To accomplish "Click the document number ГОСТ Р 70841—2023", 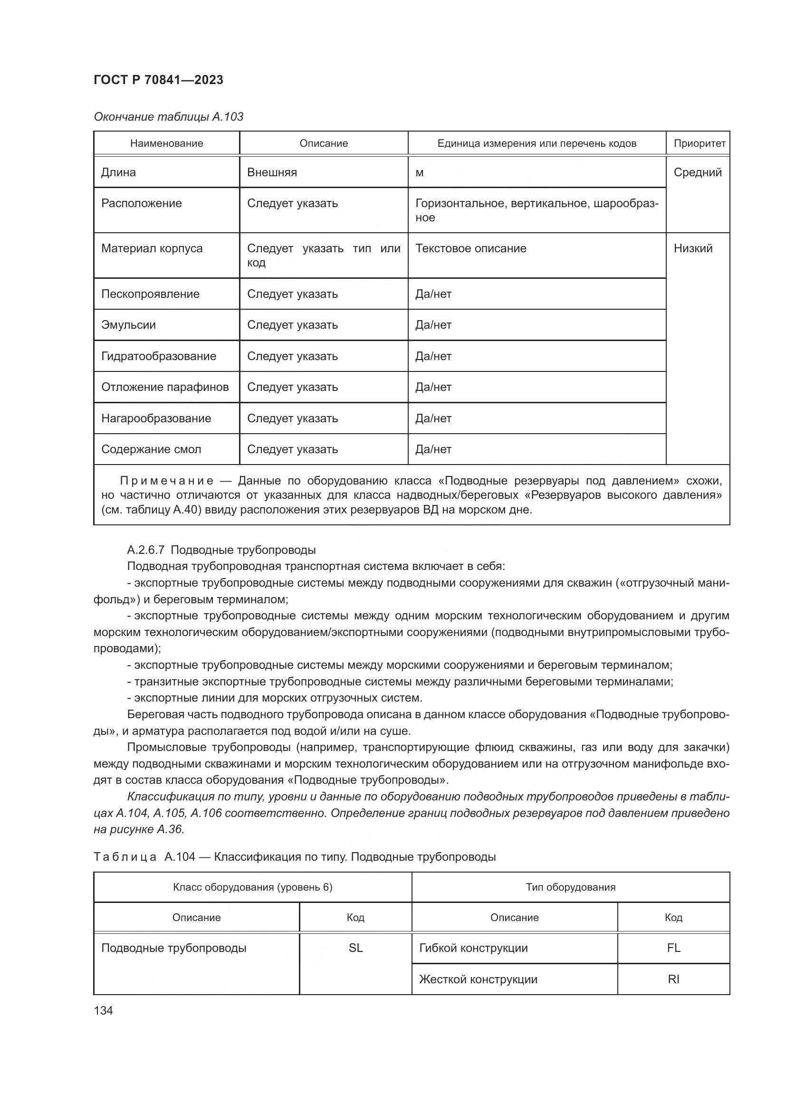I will (158, 80).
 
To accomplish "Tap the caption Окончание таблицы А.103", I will (168, 117).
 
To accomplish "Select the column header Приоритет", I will (699, 143).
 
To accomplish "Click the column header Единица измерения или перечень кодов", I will (536, 143).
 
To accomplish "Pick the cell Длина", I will (119, 172).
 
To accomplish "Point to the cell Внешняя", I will (272, 172).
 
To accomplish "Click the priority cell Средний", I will (698, 172).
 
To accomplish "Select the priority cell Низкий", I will (693, 248).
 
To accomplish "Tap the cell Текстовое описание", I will (470, 248).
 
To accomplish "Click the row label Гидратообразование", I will (159, 356).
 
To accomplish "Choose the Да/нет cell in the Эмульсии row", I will (433, 325).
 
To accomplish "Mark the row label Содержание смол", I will (151, 449).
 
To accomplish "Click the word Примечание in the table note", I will (166, 481).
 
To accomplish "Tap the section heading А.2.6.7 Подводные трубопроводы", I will (221, 550).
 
